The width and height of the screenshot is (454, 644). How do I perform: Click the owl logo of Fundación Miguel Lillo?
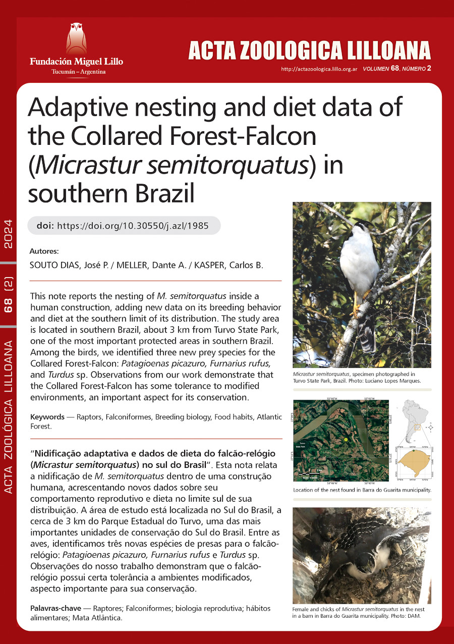[x=76, y=38]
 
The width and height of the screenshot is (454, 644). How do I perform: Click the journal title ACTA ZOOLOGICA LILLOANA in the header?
[x=309, y=51]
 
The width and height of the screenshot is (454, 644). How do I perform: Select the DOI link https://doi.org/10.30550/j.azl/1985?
[x=133, y=226]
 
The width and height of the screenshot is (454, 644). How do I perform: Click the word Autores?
[x=44, y=251]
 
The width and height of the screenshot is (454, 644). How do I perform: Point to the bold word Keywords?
[x=47, y=417]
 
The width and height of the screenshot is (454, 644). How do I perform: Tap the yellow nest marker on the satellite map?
[x=346, y=441]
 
